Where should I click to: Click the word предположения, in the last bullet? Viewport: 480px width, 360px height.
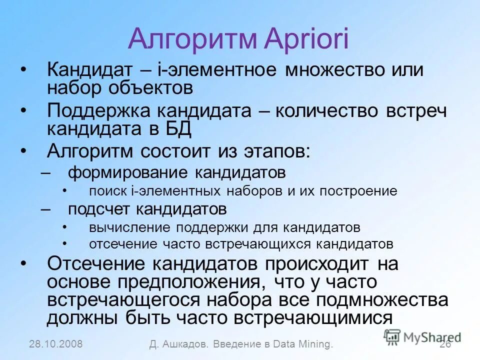(196, 282)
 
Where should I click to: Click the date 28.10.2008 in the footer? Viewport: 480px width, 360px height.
(56, 344)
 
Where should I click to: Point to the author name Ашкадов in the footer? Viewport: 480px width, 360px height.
(187, 344)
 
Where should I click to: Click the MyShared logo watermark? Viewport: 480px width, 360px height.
(422, 336)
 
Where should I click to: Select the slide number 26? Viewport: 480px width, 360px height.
(445, 344)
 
